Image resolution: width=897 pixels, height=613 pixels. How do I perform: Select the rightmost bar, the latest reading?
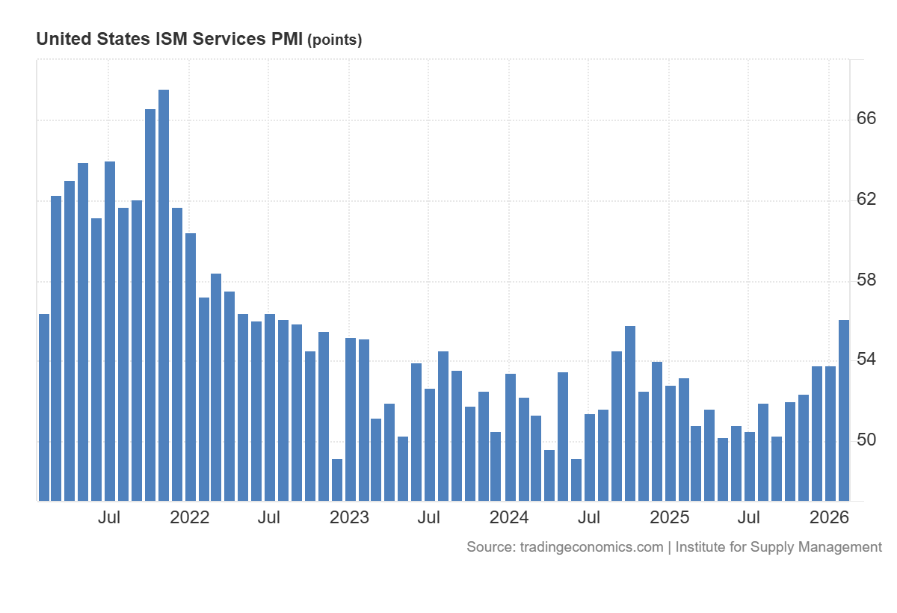tap(844, 410)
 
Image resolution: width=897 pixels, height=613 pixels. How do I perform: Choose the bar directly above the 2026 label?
tap(830, 434)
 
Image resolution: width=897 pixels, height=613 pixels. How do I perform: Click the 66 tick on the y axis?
tap(866, 120)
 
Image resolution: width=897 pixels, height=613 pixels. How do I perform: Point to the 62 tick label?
tap(866, 200)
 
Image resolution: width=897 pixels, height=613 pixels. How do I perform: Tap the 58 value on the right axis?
tap(866, 280)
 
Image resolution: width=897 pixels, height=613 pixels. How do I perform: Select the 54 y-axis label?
tap(866, 360)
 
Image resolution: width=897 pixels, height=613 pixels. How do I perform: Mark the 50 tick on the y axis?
tap(866, 440)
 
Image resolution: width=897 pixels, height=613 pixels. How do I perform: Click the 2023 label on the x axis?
tap(349, 517)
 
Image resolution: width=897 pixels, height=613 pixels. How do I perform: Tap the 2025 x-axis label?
tap(669, 517)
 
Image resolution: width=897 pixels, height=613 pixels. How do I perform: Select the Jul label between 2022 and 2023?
tap(269, 517)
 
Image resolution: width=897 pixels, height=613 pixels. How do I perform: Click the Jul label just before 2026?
tap(749, 517)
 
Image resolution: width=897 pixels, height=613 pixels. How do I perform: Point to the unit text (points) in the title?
tap(334, 40)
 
